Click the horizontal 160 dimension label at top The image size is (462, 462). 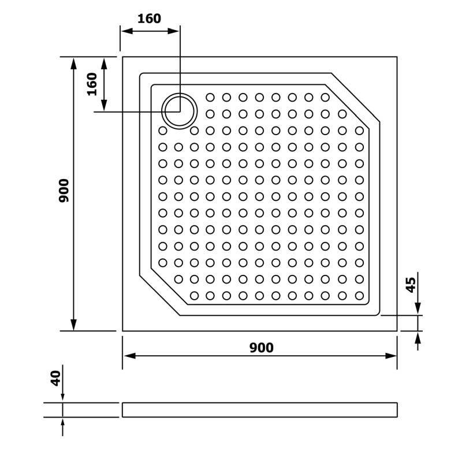(x=149, y=18)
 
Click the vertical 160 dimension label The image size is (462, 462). (x=92, y=84)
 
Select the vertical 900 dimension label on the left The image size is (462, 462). (x=64, y=191)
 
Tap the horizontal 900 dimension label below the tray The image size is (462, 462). (x=262, y=348)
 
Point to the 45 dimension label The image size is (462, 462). (x=411, y=285)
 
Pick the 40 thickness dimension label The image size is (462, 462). (x=55, y=379)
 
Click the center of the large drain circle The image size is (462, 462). (x=180, y=111)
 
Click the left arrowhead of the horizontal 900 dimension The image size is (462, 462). (x=129, y=356)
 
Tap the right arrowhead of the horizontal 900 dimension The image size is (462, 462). (x=391, y=356)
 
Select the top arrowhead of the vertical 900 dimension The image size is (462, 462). (x=74, y=64)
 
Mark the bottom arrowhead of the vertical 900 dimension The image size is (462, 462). (x=74, y=325)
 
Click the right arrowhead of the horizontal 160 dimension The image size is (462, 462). (x=173, y=31)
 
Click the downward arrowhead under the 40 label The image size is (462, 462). (x=62, y=397)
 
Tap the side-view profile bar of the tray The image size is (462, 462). (x=259, y=410)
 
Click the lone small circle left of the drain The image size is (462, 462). (x=163, y=131)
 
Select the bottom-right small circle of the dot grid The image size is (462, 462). (x=359, y=296)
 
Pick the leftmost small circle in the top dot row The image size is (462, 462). (x=210, y=97)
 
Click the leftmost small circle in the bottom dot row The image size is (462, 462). (x=194, y=296)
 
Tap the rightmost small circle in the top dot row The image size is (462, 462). (x=325, y=97)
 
